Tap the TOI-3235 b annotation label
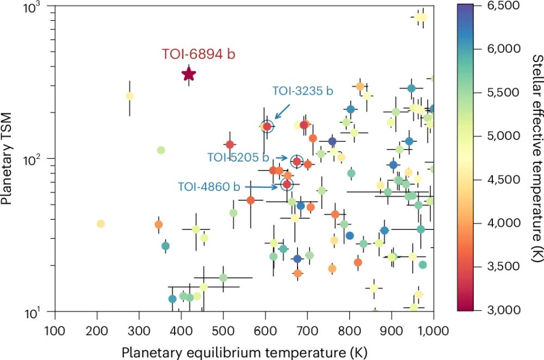click(x=302, y=91)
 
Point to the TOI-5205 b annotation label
click(x=238, y=157)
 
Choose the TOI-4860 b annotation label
click(x=209, y=187)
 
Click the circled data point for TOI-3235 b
click(x=267, y=126)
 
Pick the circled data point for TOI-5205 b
click(x=297, y=161)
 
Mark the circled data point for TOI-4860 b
click(x=287, y=185)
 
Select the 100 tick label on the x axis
click(x=54, y=330)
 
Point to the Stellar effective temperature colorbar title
click(x=536, y=158)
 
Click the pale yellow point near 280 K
click(x=129, y=96)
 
